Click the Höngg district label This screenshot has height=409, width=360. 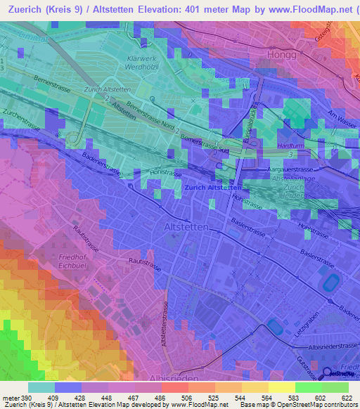point(282,54)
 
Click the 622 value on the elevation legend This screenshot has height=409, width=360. point(347,399)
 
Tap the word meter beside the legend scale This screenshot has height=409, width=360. point(11,399)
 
